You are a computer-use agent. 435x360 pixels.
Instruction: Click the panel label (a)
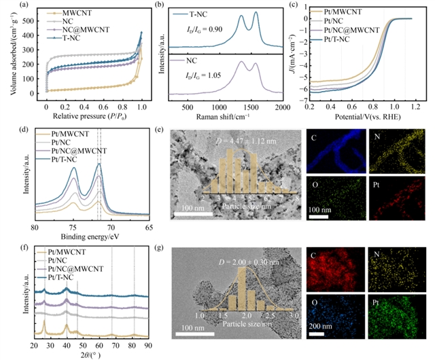(10, 5)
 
